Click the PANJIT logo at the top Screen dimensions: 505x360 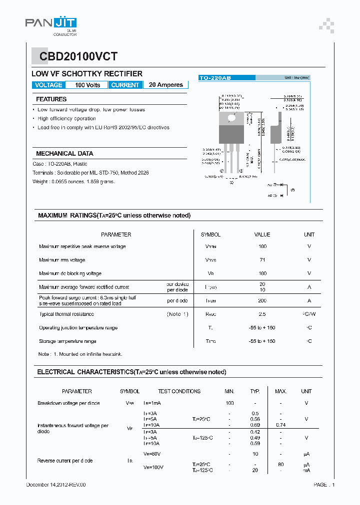(50, 23)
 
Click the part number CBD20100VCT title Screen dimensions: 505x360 (75, 57)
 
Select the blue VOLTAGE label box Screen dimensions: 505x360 (48, 85)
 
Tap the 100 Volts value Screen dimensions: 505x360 (87, 85)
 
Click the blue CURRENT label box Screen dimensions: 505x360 (125, 85)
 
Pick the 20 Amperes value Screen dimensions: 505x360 (166, 85)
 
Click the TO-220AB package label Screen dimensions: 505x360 (215, 78)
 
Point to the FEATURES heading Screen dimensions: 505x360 (51, 99)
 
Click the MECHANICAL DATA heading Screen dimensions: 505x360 (64, 154)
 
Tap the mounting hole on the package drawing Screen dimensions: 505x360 (231, 118)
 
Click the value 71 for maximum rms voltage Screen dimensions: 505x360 (262, 260)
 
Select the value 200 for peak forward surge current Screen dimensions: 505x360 (262, 301)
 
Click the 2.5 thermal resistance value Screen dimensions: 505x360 (262, 314)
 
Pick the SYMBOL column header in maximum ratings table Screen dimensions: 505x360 (210, 235)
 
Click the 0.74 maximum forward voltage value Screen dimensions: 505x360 (281, 424)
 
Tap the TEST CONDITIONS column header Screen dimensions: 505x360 (179, 391)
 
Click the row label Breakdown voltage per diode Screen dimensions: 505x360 (68, 403)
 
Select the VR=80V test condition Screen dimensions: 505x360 (152, 454)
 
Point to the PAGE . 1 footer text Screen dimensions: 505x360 (324, 485)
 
